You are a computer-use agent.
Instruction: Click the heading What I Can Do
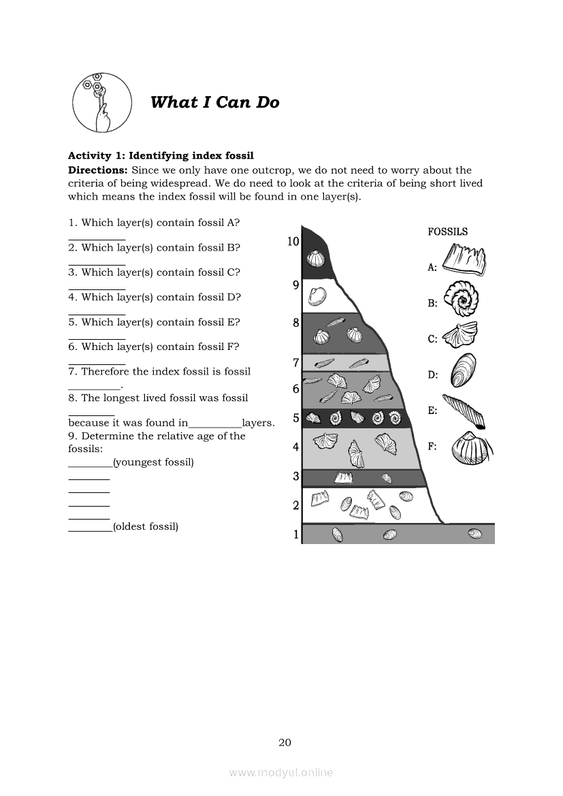tap(214, 102)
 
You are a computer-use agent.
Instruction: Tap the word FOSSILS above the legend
tap(447, 232)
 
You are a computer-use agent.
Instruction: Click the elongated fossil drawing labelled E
tap(462, 411)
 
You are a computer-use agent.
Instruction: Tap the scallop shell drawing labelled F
tap(469, 447)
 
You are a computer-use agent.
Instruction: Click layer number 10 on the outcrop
tap(293, 241)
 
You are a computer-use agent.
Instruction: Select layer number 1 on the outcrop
tap(296, 535)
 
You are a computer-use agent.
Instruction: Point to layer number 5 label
tap(296, 418)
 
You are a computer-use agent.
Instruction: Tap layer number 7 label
tap(296, 362)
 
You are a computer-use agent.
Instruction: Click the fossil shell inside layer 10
tap(315, 259)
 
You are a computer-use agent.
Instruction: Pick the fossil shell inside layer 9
tap(317, 296)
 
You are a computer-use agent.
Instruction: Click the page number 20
tap(285, 742)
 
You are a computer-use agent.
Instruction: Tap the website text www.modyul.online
tap(281, 772)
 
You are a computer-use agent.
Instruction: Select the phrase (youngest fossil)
tap(153, 462)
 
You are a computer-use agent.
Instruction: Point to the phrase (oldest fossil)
tap(146, 526)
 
